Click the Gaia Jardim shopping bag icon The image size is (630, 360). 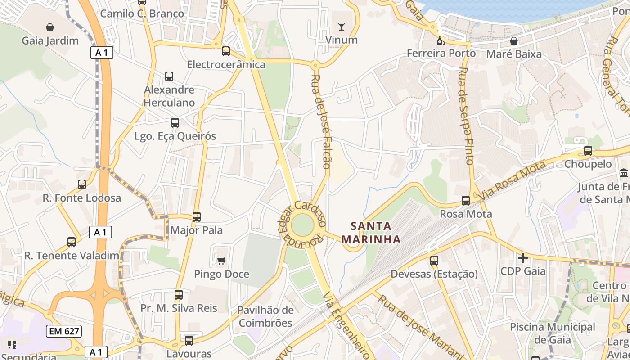(x=50, y=27)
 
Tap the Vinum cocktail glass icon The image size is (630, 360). (x=342, y=27)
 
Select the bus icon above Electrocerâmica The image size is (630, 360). (x=226, y=51)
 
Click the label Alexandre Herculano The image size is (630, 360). (x=169, y=96)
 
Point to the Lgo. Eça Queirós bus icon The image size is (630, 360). (x=175, y=122)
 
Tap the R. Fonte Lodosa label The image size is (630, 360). (x=82, y=198)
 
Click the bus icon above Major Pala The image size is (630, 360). (x=197, y=217)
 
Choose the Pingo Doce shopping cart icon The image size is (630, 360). (x=221, y=261)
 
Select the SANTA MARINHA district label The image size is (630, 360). (x=371, y=232)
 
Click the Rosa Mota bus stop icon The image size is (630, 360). (x=466, y=201)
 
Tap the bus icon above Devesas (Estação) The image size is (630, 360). (x=434, y=260)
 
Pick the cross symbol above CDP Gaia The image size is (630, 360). (x=523, y=258)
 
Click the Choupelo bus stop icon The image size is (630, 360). (x=588, y=151)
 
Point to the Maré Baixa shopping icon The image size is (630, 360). (x=514, y=41)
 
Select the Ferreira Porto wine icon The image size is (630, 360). (x=441, y=41)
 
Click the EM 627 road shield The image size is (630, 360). (x=64, y=332)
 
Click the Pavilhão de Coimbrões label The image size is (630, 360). (x=265, y=316)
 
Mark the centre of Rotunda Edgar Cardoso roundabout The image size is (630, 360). (x=302, y=225)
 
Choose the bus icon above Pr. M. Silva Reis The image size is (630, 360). (x=179, y=295)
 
